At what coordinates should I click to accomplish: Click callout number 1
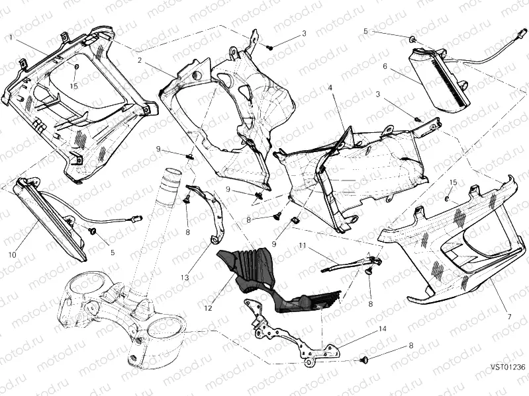coord(11,38)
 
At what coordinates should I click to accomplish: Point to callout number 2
coord(140,60)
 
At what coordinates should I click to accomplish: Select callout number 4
coord(330,87)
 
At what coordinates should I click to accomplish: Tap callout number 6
coord(384,66)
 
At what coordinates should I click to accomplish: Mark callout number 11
coord(302,245)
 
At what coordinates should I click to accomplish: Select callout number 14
coord(382,329)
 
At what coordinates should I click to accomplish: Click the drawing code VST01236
coord(508,367)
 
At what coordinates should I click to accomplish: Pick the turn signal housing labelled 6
coord(437,79)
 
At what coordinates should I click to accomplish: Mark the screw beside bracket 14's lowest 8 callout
coord(364,360)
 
